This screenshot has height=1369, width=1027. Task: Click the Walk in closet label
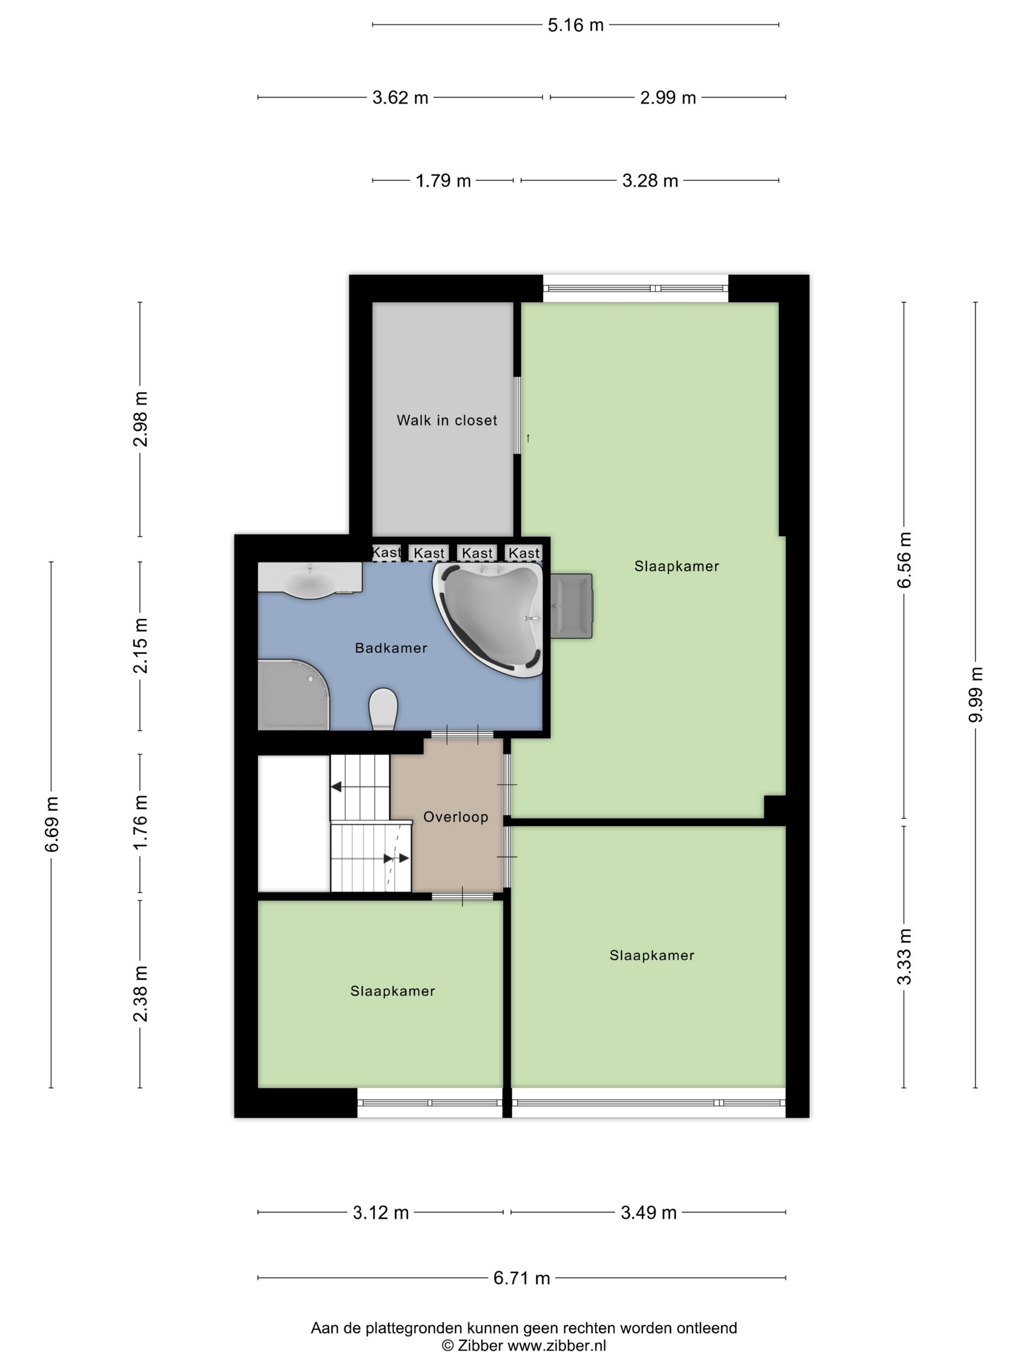(x=447, y=420)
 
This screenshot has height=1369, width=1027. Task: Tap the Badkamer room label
(x=391, y=648)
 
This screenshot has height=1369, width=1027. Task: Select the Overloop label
(x=456, y=817)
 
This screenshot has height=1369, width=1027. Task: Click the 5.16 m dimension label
(x=575, y=25)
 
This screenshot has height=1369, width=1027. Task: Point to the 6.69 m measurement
(x=51, y=824)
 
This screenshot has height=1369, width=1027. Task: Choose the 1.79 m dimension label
(x=443, y=181)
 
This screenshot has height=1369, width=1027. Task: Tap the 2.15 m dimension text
(x=140, y=645)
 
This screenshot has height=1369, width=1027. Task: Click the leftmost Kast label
(x=386, y=552)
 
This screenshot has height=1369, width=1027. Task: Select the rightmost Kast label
(x=524, y=552)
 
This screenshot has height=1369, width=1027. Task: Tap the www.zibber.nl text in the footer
(x=557, y=1346)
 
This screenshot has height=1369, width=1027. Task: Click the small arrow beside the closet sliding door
(x=528, y=438)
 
